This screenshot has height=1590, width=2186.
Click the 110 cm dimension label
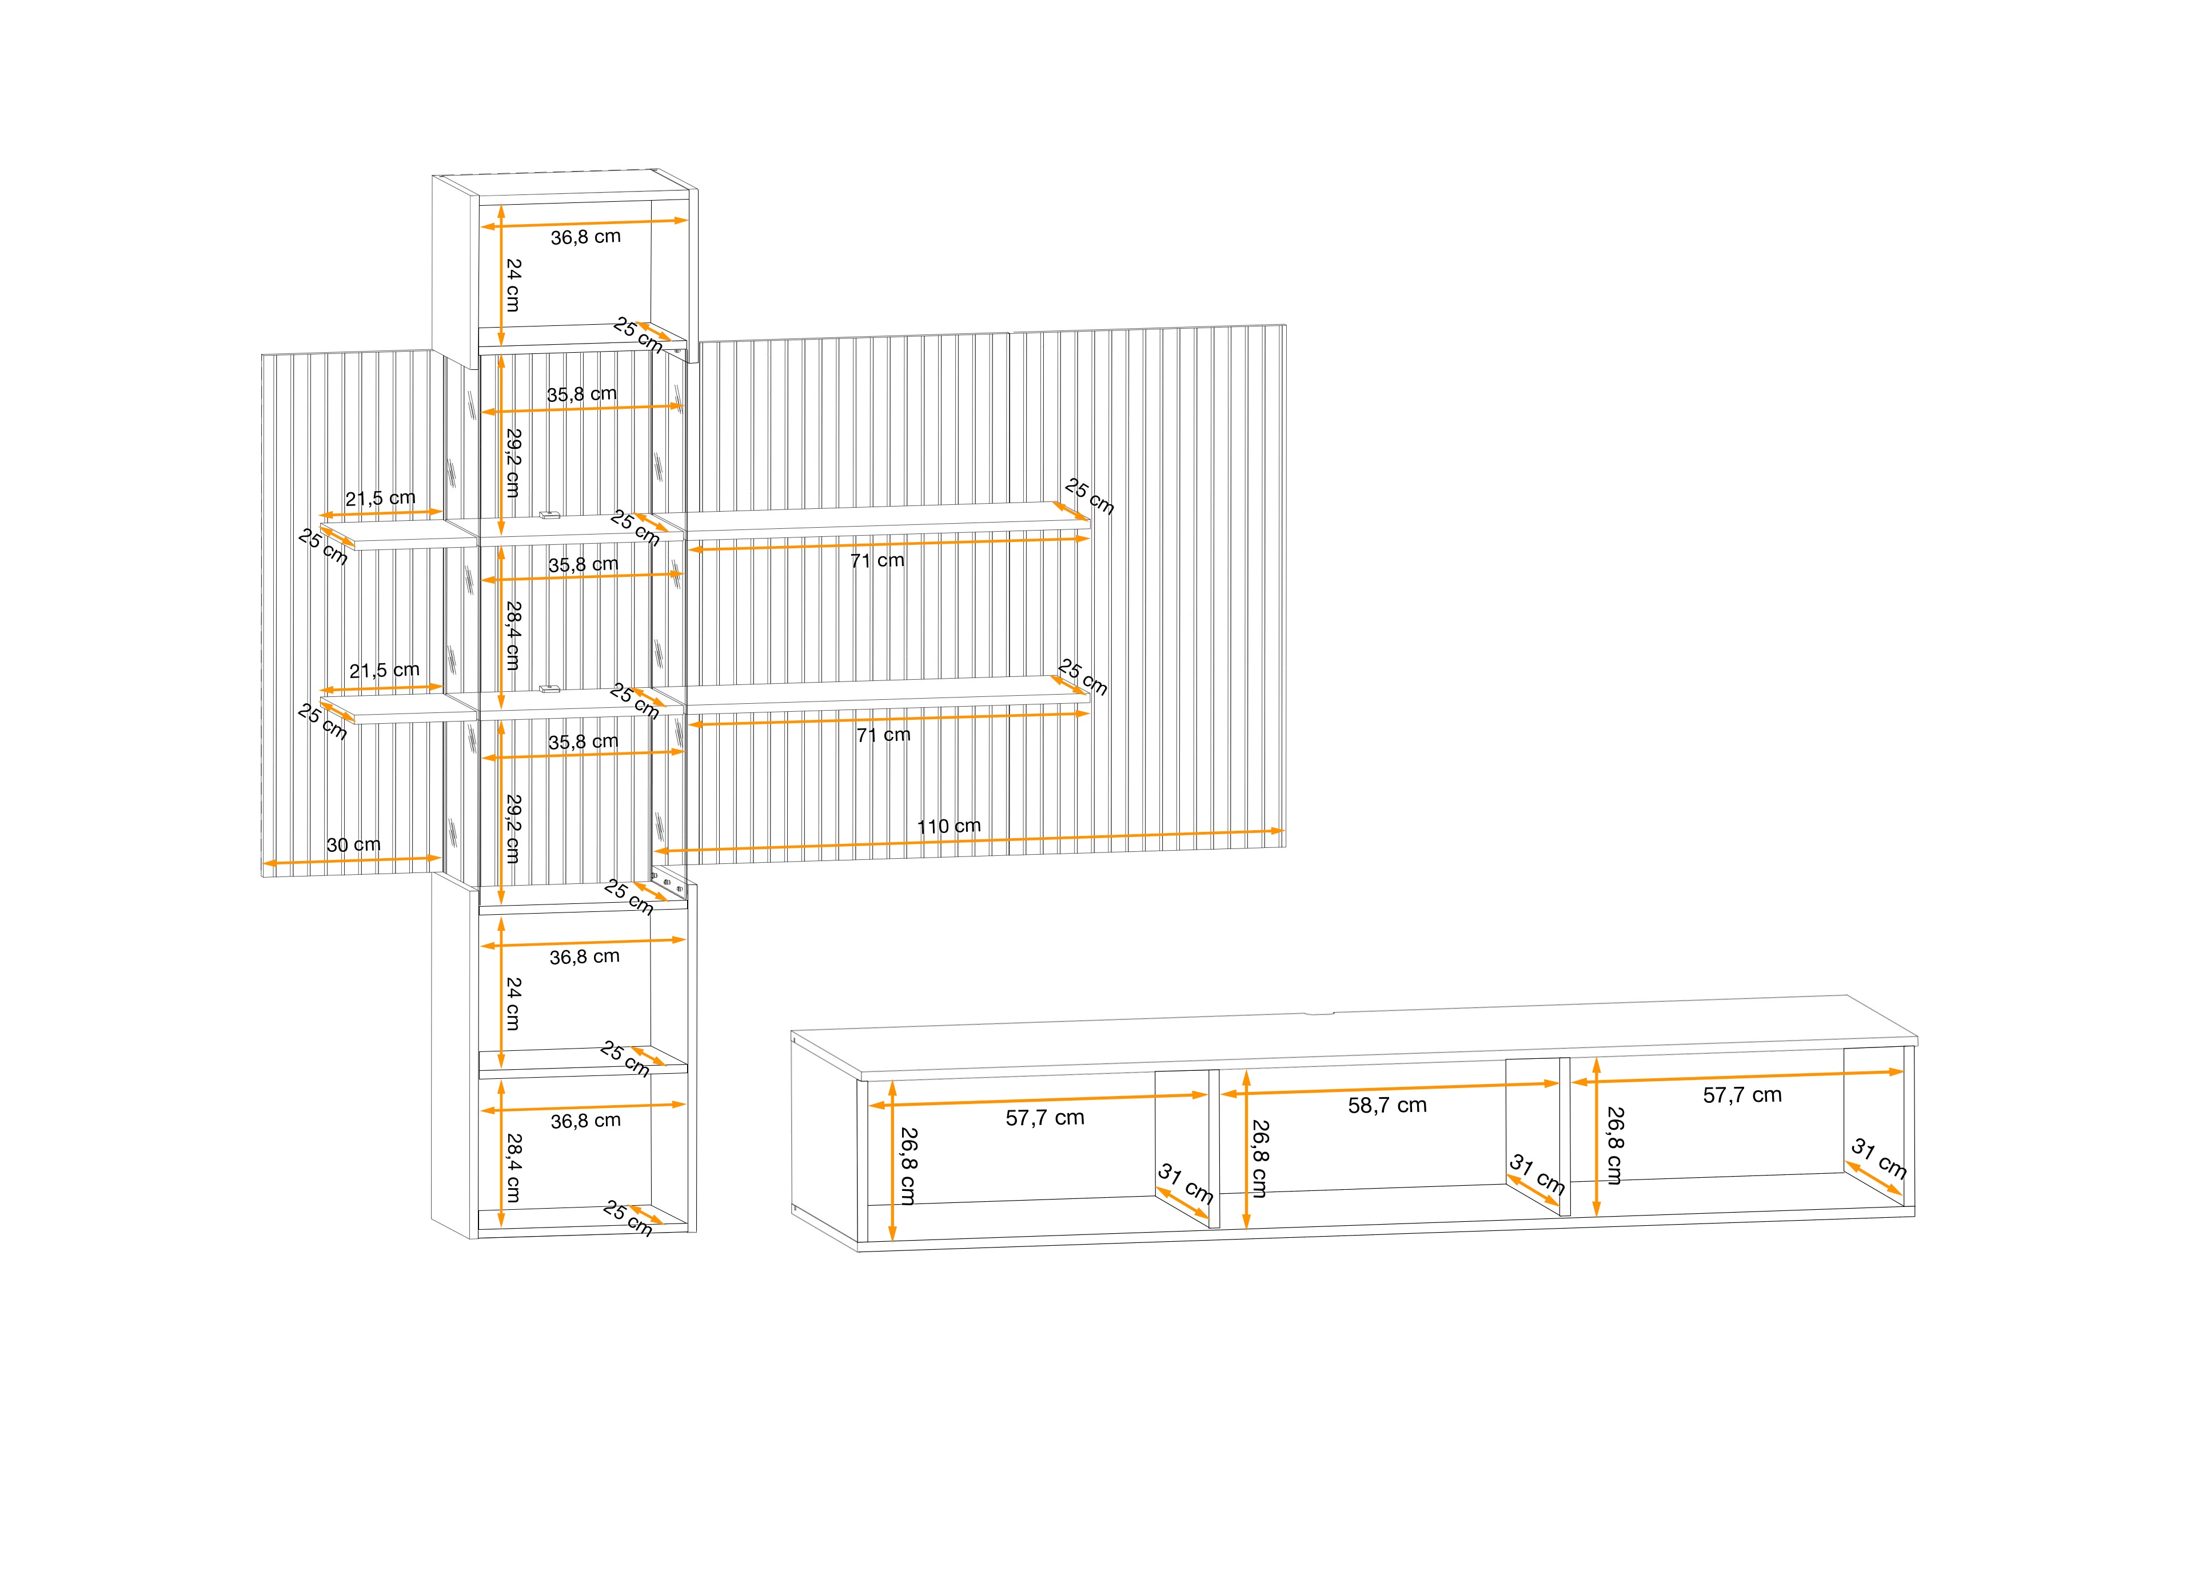coord(948,826)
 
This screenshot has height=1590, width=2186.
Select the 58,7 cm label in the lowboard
coord(1387,1106)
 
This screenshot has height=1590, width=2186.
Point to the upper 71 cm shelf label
coord(877,560)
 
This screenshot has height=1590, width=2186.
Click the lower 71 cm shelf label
coord(883,735)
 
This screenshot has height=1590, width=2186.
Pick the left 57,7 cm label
coord(1045,1118)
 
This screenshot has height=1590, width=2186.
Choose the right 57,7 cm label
coord(1742,1095)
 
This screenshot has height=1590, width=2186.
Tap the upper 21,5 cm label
coord(381,499)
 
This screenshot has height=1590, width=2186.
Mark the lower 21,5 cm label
coord(385,670)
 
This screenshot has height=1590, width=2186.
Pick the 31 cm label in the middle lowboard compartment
coord(1537,1173)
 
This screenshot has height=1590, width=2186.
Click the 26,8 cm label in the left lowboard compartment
coord(908,1167)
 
